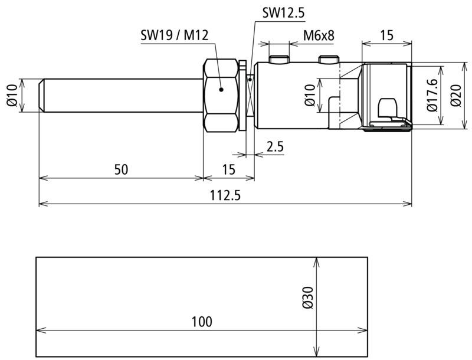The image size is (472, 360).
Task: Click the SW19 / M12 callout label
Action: (175, 35)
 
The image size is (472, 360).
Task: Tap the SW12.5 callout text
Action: (284, 13)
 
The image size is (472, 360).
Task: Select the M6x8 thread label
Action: (319, 35)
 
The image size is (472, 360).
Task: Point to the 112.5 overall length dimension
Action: (225, 196)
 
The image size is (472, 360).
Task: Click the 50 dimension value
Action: (122, 170)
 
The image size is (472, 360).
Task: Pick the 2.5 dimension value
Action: (275, 147)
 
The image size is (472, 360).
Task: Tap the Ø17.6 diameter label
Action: (432, 96)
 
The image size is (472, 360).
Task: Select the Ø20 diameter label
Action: (456, 96)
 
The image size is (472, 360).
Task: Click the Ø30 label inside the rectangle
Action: (307, 297)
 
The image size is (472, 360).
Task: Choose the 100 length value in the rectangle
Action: (202, 322)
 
